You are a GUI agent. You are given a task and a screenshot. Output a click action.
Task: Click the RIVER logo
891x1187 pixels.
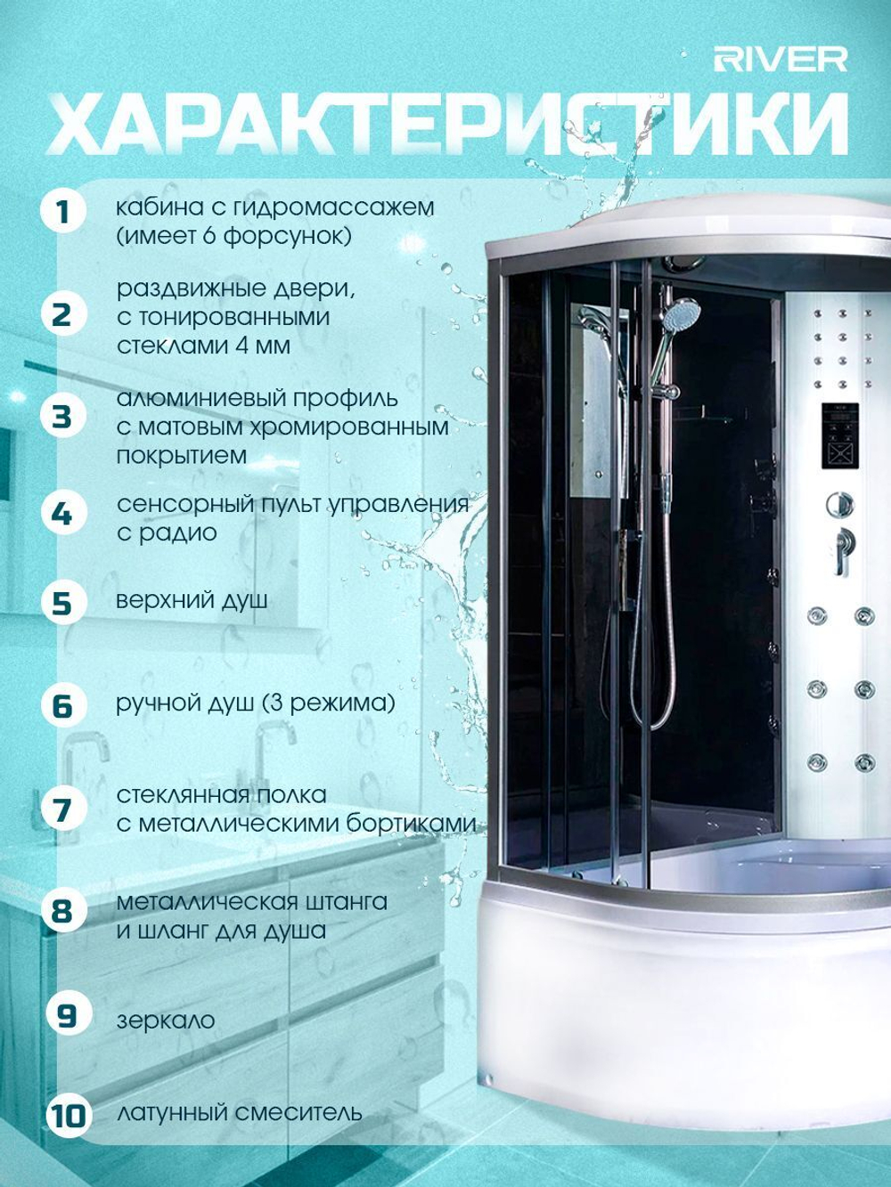click(x=780, y=60)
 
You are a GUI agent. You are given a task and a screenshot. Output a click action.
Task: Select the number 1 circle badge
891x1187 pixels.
click(x=63, y=213)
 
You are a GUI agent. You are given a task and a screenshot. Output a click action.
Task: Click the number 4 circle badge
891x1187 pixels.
click(x=63, y=514)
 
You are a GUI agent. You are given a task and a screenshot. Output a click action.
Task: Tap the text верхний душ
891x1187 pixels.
click(x=192, y=601)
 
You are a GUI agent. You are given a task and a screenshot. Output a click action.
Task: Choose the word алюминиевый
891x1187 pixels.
click(x=201, y=400)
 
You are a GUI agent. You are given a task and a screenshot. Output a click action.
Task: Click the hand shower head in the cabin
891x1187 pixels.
click(x=681, y=313)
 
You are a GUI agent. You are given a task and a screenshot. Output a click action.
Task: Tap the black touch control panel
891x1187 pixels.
click(x=841, y=435)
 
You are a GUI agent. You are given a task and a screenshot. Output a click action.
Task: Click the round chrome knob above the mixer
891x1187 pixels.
click(x=839, y=505)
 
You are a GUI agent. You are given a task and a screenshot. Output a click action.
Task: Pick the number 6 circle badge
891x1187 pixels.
click(x=63, y=706)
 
